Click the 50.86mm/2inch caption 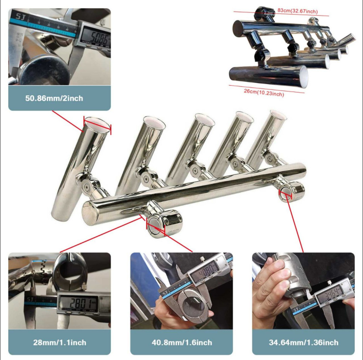click(54, 99)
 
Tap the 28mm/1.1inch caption click(59, 342)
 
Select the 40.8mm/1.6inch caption click(182, 342)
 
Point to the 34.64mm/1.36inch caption click(303, 342)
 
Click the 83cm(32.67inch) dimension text click(298, 11)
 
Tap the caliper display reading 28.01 click(80, 302)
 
